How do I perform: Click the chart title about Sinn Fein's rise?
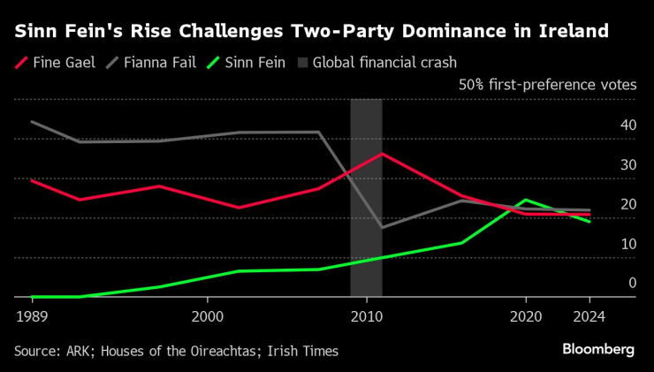click(311, 32)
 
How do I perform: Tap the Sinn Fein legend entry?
click(241, 63)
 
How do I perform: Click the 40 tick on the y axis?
click(628, 125)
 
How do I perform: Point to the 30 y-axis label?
click(628, 165)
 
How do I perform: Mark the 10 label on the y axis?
click(628, 244)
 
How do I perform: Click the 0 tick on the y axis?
click(632, 283)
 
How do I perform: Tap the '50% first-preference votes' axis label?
click(546, 86)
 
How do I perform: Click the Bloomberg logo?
click(598, 350)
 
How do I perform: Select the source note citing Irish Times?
click(176, 351)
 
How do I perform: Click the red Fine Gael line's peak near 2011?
click(382, 154)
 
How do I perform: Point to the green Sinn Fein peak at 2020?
click(526, 200)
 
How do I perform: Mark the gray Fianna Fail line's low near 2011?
click(382, 227)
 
